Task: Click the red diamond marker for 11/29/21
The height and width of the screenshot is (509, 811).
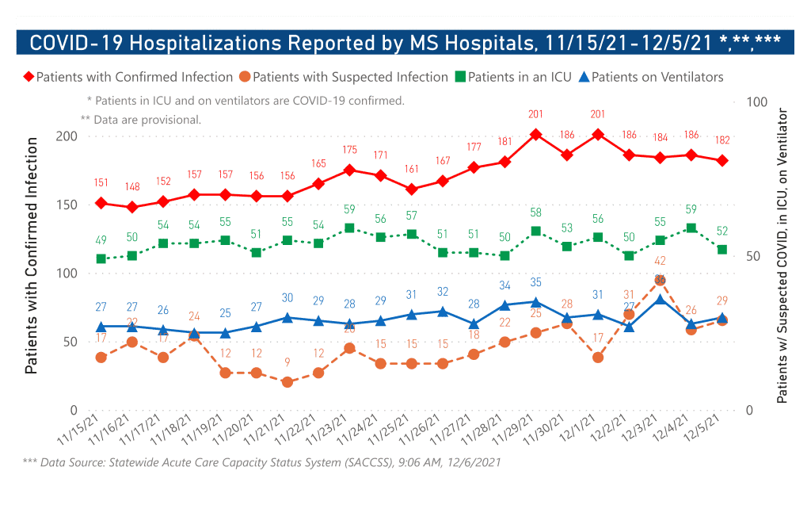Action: pos(535,135)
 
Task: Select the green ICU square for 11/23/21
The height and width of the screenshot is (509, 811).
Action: pos(349,228)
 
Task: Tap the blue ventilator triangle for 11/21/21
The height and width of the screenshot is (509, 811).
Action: pos(287,318)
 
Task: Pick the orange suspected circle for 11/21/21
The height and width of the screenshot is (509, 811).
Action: pos(287,382)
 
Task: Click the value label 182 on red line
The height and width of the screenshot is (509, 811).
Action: pos(722,140)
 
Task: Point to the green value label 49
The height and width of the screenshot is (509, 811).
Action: pos(101,240)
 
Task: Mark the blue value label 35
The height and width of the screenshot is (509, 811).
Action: pos(535,282)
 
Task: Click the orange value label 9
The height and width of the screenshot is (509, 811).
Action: pos(287,362)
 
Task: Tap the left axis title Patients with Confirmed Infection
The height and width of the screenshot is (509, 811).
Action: pos(32,255)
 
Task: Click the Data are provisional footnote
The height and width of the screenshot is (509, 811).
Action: pos(141,120)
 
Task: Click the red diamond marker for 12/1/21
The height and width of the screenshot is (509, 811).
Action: pos(598,135)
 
